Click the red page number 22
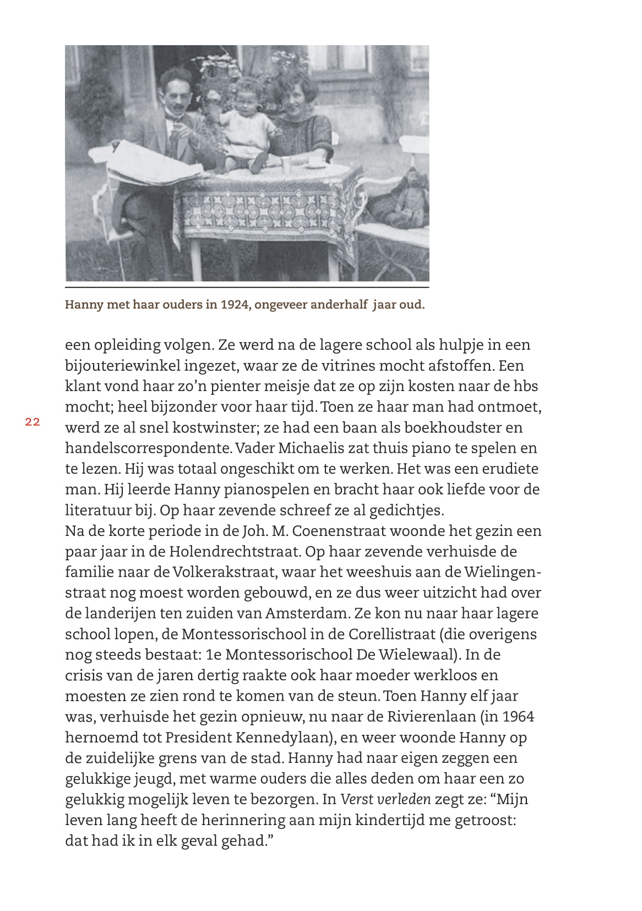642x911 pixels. click(32, 422)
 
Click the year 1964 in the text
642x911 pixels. click(518, 717)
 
